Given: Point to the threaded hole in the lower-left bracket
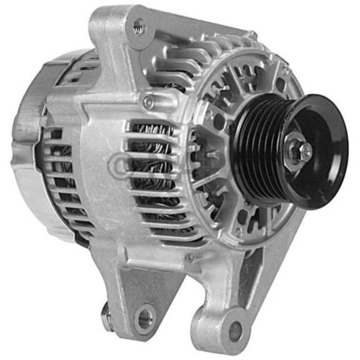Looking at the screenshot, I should [x=145, y=314].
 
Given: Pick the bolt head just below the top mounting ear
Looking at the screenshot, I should [x=148, y=101].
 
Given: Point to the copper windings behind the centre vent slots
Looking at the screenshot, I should [x=154, y=170].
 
